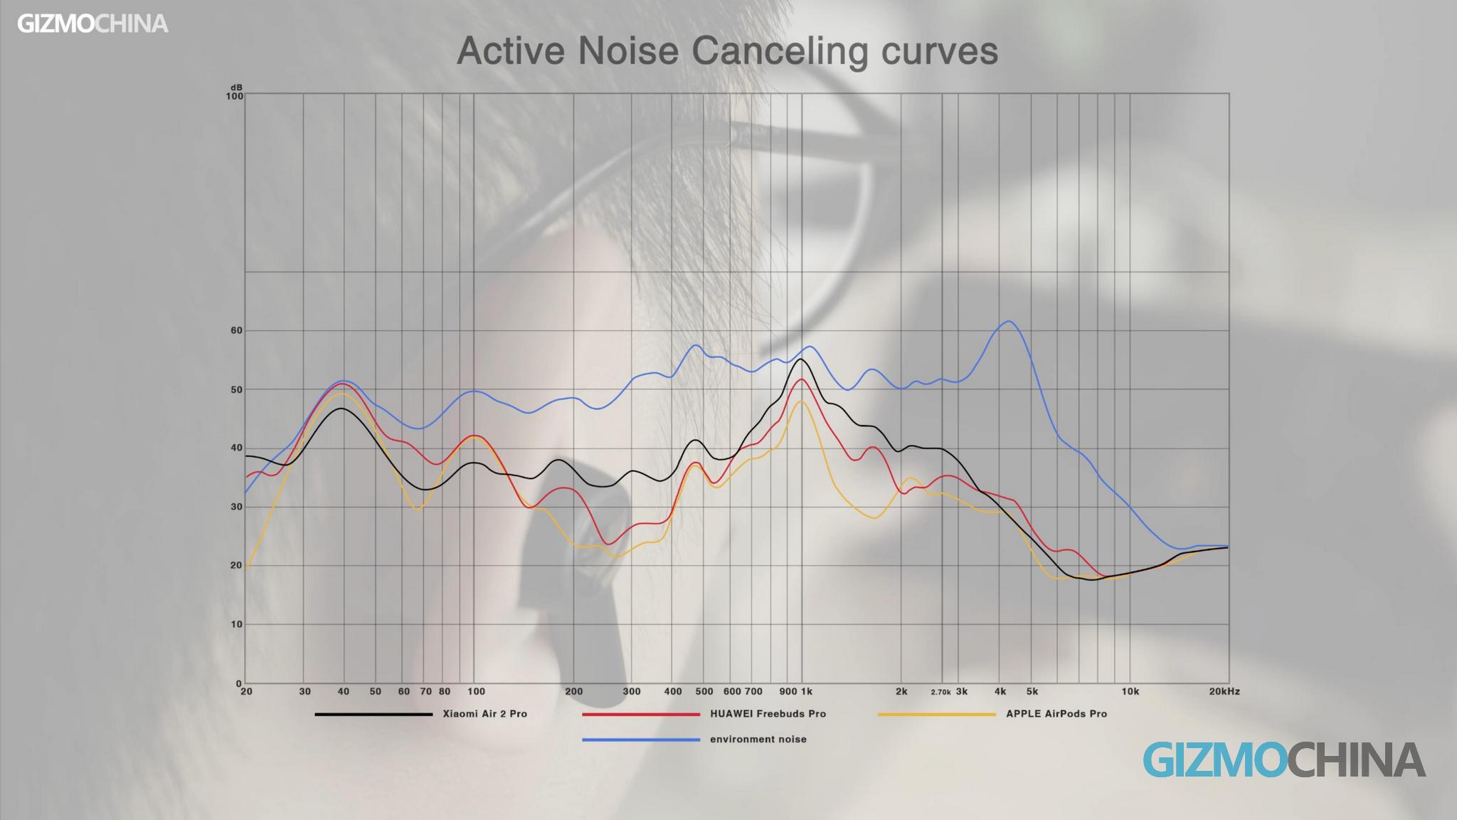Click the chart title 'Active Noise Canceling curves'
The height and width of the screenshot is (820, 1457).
click(x=727, y=51)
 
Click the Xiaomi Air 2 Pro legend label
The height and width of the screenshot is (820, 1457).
click(x=484, y=714)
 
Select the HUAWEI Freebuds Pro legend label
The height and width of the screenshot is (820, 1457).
click(x=768, y=714)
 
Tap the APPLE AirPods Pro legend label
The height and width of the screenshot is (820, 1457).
click(x=1056, y=714)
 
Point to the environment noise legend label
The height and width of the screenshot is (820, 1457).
click(x=758, y=740)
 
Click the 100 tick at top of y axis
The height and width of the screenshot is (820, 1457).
click(x=234, y=95)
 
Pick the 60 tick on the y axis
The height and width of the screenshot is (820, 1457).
click(x=236, y=330)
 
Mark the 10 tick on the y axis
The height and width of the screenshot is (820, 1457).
click(x=236, y=624)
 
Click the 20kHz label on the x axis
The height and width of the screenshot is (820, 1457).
click(x=1224, y=691)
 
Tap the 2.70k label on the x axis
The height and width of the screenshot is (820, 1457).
click(x=941, y=692)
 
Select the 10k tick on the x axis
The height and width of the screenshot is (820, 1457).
click(x=1130, y=691)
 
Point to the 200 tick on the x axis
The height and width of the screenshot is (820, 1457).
click(x=573, y=691)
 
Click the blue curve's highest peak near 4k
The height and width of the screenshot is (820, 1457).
click(x=1008, y=321)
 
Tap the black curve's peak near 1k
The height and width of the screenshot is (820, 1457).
click(x=801, y=359)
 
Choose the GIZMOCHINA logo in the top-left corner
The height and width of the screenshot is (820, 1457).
click(x=92, y=24)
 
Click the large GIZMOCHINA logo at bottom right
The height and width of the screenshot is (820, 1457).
click(x=1284, y=759)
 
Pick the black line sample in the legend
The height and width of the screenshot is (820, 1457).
click(x=373, y=714)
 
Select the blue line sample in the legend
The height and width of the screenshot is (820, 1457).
click(x=640, y=740)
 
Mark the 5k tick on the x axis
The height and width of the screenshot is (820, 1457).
click(x=1032, y=691)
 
